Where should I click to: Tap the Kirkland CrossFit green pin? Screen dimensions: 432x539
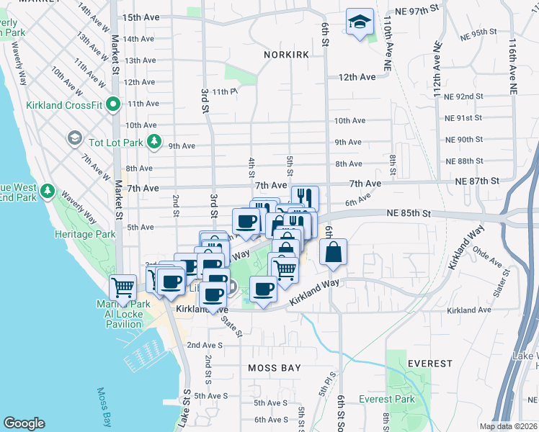point(113,105)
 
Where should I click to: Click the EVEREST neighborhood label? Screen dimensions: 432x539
point(430,364)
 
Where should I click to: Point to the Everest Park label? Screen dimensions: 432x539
point(386,399)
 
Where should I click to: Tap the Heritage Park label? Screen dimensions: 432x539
point(85,235)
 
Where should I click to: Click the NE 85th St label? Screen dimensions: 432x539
point(408,213)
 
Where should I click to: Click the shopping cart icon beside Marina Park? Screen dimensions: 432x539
point(122,287)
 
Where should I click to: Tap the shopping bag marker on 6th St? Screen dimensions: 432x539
point(333,253)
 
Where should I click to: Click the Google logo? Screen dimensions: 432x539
point(24,423)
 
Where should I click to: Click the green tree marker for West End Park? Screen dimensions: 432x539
point(48,191)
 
